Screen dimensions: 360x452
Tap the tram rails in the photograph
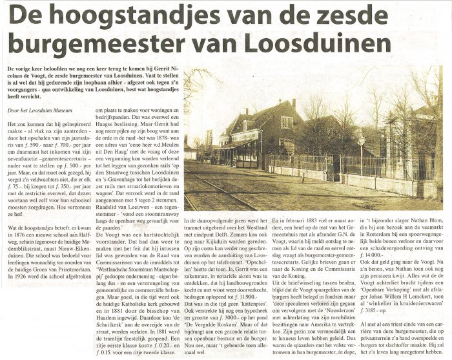click(213, 187)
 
